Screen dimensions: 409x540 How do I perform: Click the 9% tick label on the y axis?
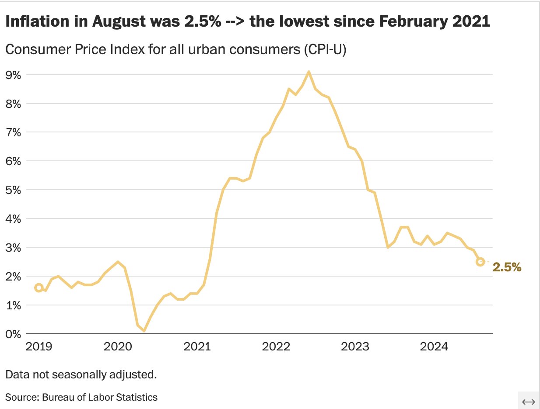pos(14,75)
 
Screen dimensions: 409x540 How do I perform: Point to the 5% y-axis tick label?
pos(14,190)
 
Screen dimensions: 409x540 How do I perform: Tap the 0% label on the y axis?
pos(14,334)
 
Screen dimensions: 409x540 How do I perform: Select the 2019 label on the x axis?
pos(39,347)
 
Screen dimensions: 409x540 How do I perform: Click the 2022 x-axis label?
pos(276,347)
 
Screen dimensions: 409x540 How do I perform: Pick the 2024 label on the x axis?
pos(434,347)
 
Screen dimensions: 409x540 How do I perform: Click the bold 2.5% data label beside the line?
pos(507,267)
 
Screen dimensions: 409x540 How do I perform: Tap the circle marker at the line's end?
pos(480,262)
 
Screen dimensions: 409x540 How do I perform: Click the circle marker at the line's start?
pos(39,288)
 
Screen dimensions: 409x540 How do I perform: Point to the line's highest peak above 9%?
pos(309,72)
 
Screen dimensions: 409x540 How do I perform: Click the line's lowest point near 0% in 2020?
pos(144,331)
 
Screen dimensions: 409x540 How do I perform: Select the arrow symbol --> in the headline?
pos(234,22)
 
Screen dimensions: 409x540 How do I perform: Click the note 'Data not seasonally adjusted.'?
pos(81,374)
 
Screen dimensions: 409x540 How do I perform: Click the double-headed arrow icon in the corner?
pos(529,402)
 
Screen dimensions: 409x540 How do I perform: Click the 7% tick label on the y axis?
pos(14,132)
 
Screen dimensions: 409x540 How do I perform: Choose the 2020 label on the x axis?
pos(118,347)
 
